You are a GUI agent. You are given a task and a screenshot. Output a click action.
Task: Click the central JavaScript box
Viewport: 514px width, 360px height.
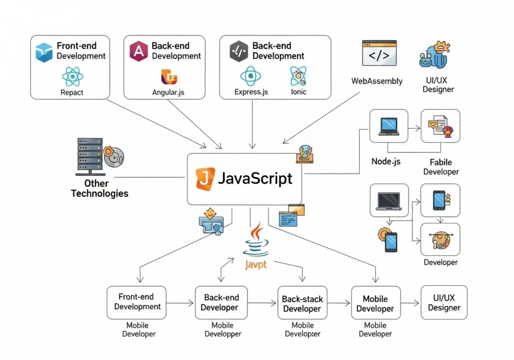click(x=244, y=179)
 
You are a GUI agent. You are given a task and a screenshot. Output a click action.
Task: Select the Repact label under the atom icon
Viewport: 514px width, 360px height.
click(x=72, y=92)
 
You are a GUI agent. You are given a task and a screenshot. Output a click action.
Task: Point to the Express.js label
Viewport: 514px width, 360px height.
click(x=251, y=92)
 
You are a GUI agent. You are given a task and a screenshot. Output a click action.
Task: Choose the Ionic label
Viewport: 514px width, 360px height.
click(x=298, y=92)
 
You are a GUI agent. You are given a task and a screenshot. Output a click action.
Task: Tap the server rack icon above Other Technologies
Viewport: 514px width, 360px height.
click(x=90, y=156)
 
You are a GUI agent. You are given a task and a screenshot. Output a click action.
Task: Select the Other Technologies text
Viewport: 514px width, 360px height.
click(x=99, y=189)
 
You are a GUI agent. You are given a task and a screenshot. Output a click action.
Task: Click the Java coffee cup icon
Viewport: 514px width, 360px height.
click(x=256, y=241)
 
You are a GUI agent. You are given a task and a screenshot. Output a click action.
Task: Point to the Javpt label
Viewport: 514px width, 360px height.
click(x=256, y=264)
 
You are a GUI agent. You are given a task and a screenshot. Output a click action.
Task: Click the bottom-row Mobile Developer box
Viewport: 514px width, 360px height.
click(x=375, y=303)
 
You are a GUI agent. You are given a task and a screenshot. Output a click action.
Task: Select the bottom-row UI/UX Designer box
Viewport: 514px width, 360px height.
click(x=444, y=302)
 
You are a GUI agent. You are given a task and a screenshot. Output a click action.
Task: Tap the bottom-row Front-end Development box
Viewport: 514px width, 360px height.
click(x=137, y=302)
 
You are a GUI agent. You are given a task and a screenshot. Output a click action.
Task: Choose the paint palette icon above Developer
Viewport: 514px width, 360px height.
click(x=440, y=240)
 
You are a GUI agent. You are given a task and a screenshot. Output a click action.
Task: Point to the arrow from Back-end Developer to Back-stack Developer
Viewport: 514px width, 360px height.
click(x=262, y=303)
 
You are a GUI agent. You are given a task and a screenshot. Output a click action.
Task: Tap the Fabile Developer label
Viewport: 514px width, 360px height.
click(x=441, y=167)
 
